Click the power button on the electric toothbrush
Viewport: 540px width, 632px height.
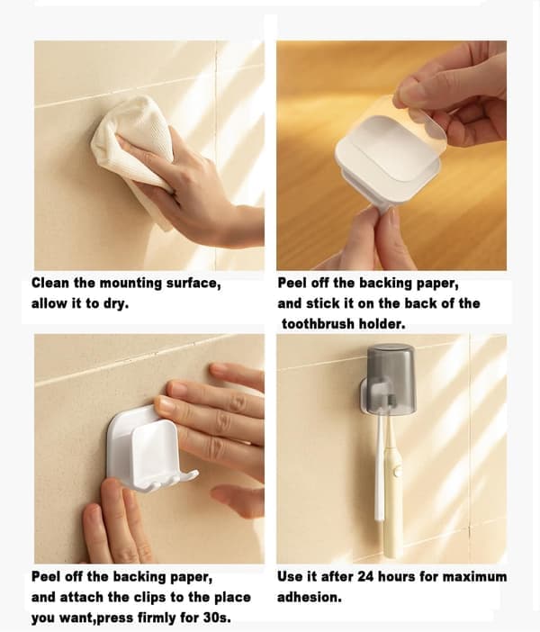coord(398,470)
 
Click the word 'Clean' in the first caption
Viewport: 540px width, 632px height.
coord(50,283)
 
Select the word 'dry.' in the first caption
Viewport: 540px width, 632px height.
coord(116,303)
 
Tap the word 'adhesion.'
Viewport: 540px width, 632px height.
coord(309,597)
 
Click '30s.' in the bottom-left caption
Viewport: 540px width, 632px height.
coord(217,618)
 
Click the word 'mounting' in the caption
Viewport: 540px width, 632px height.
coord(130,284)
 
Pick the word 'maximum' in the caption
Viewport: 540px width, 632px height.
coord(474,577)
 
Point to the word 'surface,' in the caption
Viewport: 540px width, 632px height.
coord(193,284)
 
